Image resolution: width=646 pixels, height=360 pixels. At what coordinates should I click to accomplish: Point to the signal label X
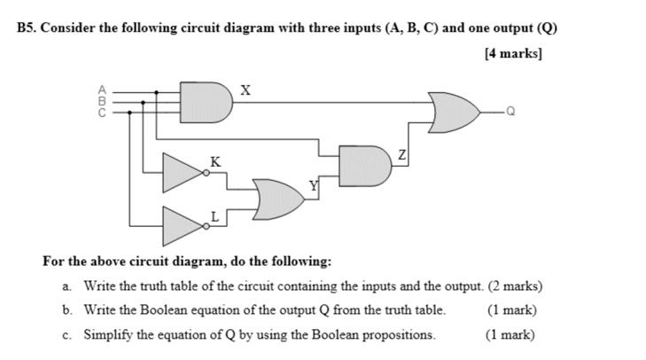pos(245,90)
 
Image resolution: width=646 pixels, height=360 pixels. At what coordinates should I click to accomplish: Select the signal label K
pos(214,160)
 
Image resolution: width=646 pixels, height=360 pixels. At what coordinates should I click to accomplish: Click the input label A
pos(103,90)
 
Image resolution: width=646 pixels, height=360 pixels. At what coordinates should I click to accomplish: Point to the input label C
pos(103,112)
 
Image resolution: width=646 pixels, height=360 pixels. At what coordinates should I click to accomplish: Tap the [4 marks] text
pos(513,52)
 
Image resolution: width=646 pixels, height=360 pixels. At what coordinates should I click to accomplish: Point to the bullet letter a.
pos(66,286)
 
